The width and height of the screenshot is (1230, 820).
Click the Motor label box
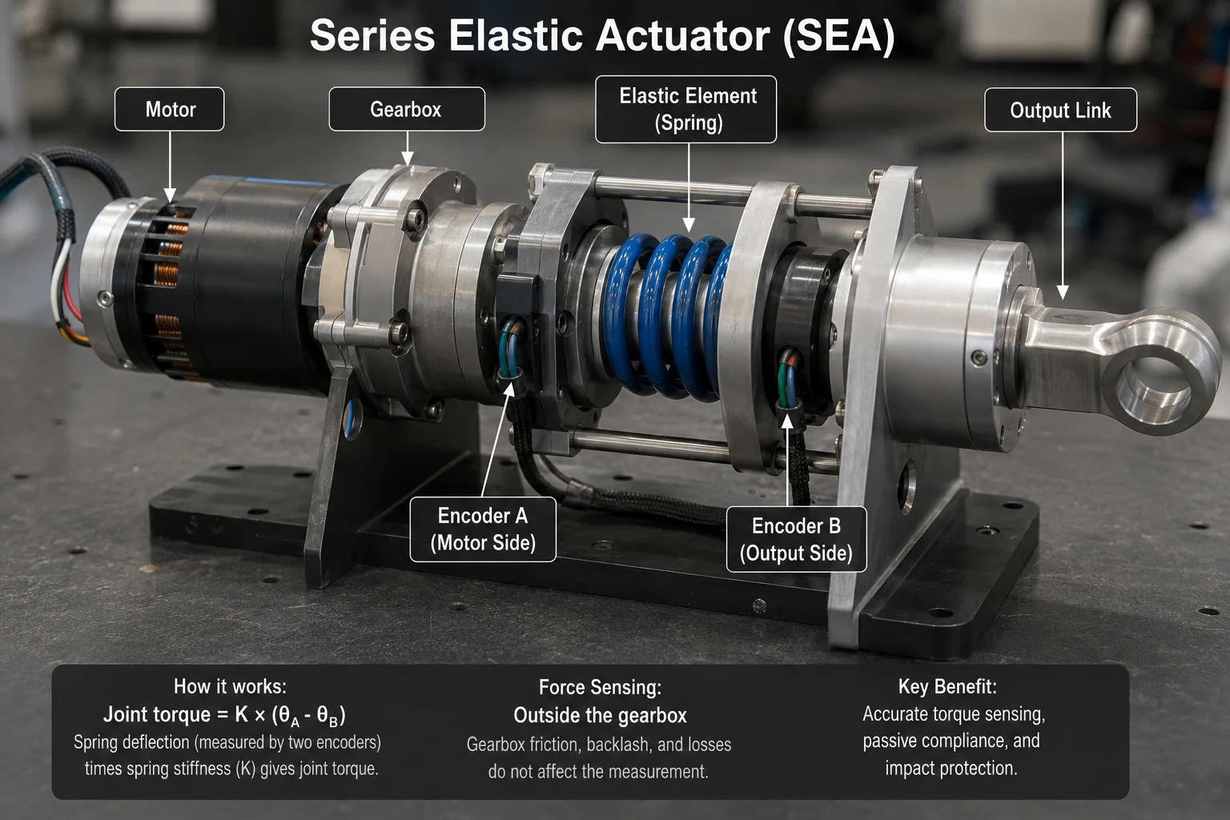(169, 109)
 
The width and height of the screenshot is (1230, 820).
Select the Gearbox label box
(406, 109)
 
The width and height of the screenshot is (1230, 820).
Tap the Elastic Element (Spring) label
(685, 109)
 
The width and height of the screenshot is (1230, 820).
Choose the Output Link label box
(1060, 110)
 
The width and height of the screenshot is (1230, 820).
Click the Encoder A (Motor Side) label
(483, 529)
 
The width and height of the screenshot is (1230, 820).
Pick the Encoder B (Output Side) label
(796, 540)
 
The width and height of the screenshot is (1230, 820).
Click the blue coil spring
(667, 316)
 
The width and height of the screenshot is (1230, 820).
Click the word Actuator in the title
(682, 36)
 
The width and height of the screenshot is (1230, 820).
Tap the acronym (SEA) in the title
(838, 36)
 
